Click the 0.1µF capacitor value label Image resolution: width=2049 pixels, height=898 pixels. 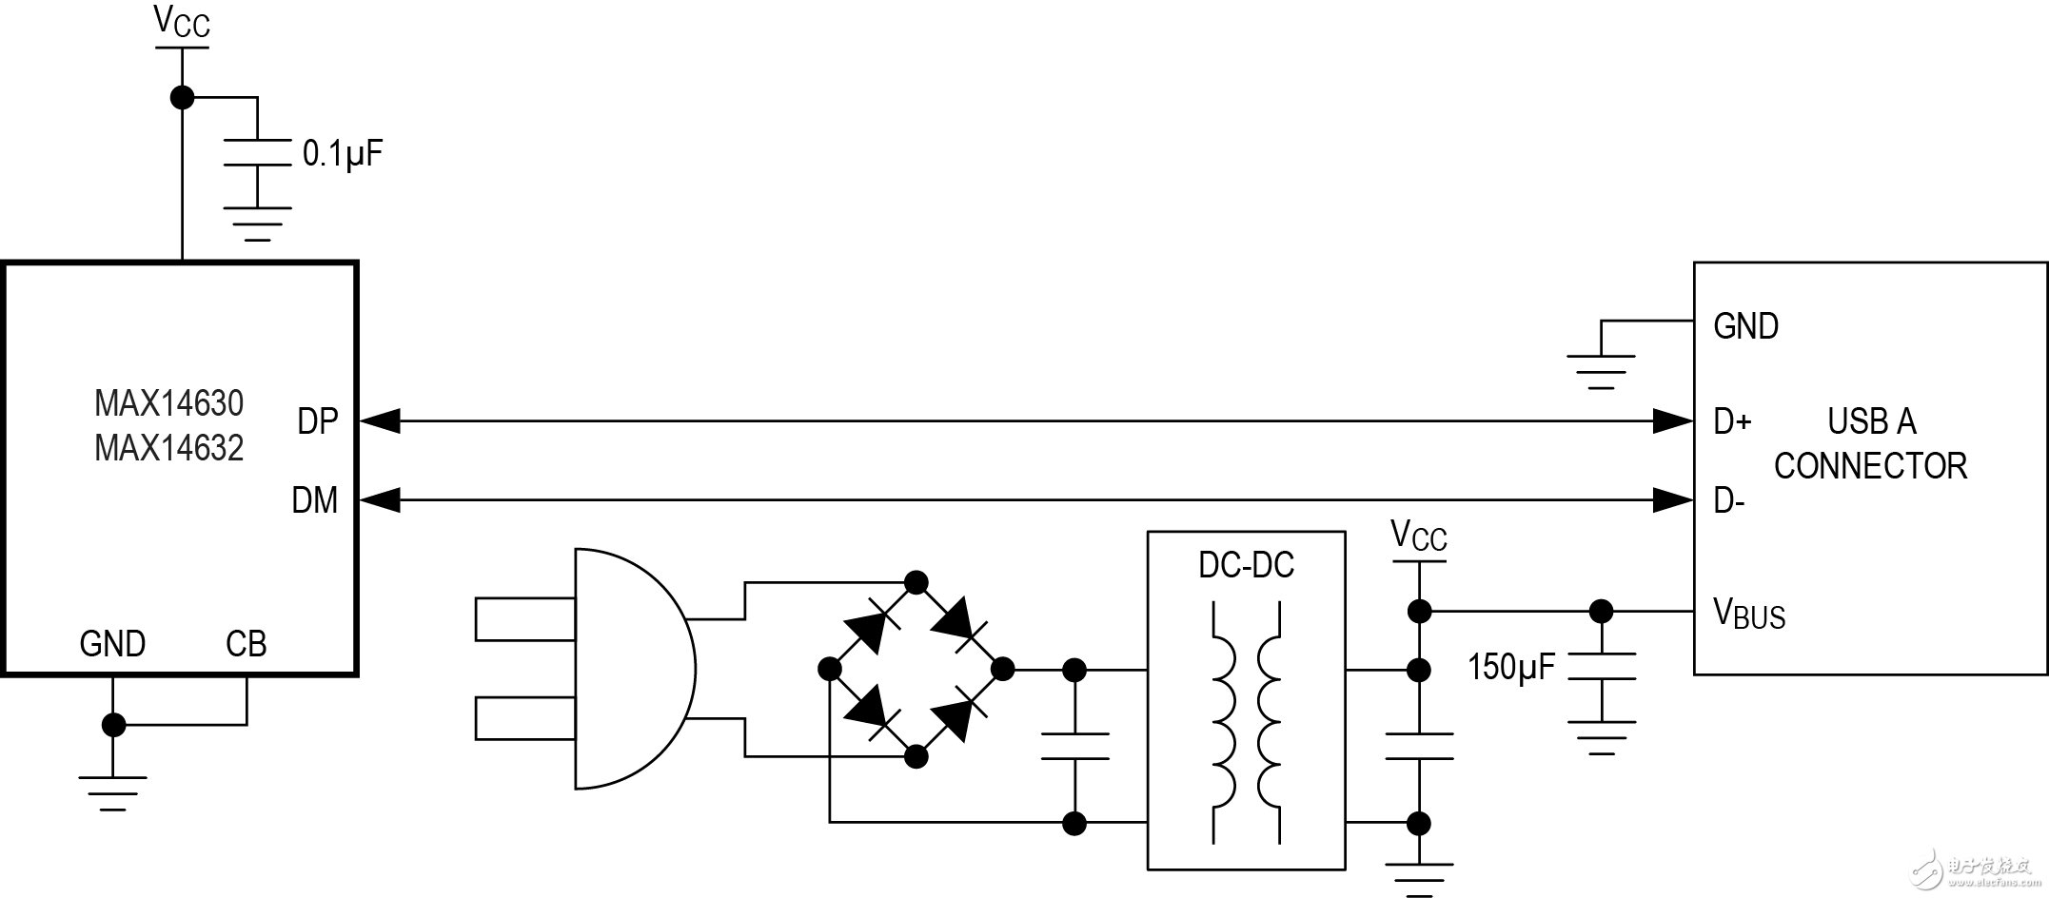pyautogui.click(x=342, y=153)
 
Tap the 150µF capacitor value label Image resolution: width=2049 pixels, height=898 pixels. pyautogui.click(x=1510, y=667)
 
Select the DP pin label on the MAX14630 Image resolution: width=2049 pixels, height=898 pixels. pyautogui.click(x=317, y=421)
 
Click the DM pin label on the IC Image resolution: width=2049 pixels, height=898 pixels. pyautogui.click(x=314, y=500)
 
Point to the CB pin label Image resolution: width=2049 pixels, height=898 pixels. pyautogui.click(x=246, y=645)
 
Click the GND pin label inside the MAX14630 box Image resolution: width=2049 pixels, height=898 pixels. pyautogui.click(x=112, y=645)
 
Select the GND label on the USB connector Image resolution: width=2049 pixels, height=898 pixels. pyautogui.click(x=1745, y=326)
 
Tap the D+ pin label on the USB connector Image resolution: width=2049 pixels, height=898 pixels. pyautogui.click(x=1732, y=421)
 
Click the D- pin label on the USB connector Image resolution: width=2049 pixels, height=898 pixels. pyautogui.click(x=1728, y=501)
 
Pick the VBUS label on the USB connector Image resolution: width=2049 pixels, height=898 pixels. pyautogui.click(x=1748, y=614)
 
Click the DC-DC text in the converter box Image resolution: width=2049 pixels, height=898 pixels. pyautogui.click(x=1246, y=565)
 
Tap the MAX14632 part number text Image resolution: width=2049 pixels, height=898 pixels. pyautogui.click(x=168, y=448)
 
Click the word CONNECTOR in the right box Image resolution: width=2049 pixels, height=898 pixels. pyautogui.click(x=1870, y=466)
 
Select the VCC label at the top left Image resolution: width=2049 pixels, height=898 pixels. pyautogui.click(x=182, y=23)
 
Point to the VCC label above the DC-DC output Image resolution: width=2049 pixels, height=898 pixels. pyautogui.click(x=1418, y=536)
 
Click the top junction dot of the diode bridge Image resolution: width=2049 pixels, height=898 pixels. pyautogui.click(x=916, y=582)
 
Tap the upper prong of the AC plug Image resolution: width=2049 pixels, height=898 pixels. pyautogui.click(x=524, y=618)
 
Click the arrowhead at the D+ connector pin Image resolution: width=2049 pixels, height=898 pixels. pyautogui.click(x=1673, y=420)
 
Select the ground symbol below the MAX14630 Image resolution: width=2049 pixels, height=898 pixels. pyautogui.click(x=112, y=790)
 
